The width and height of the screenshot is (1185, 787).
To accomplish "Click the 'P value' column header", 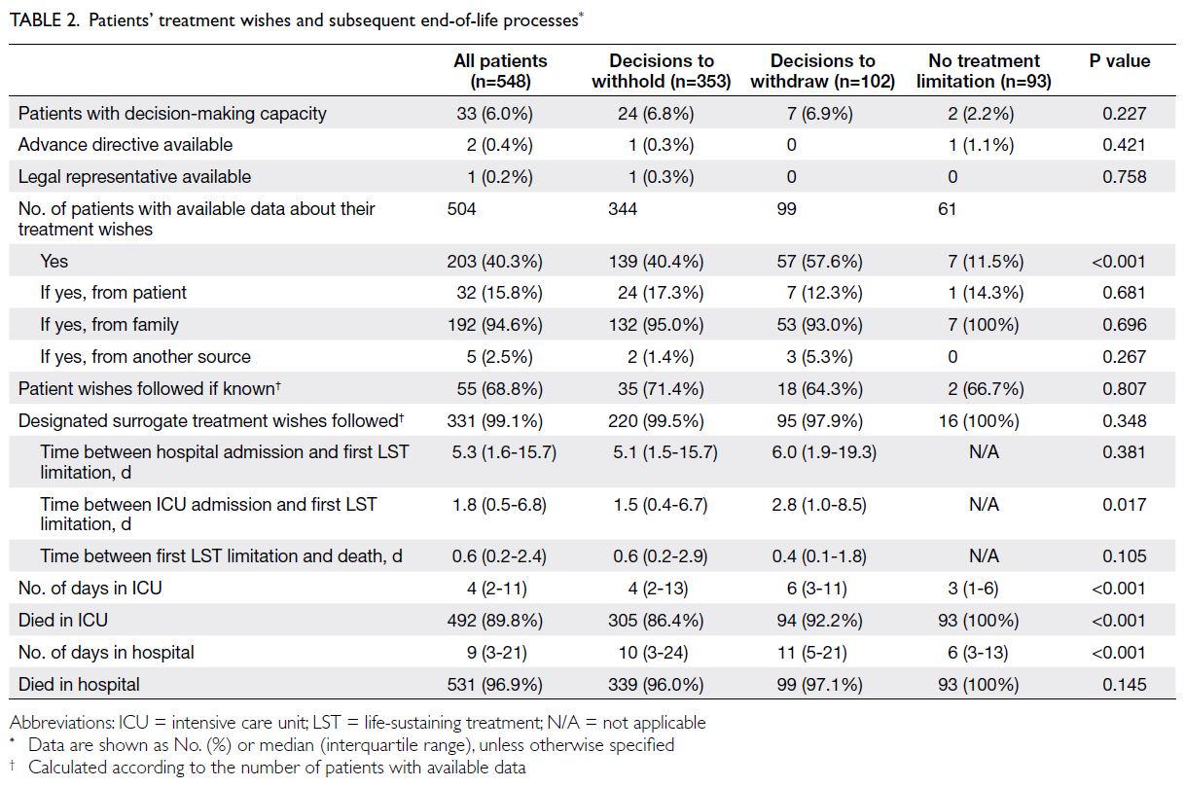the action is pyautogui.click(x=1120, y=61).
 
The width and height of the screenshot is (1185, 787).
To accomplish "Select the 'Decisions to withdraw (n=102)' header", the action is pyautogui.click(x=823, y=71).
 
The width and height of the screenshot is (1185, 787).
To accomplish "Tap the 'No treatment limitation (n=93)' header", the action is pyautogui.click(x=984, y=71).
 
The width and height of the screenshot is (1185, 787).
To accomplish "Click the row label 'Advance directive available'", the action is pyautogui.click(x=126, y=144).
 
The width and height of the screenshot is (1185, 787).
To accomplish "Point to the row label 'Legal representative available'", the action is pyautogui.click(x=134, y=177).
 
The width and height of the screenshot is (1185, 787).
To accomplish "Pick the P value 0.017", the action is pyautogui.click(x=1124, y=505).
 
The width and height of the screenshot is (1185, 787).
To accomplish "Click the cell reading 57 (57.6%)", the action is pyautogui.click(x=819, y=262).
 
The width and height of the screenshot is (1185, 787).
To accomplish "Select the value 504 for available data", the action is pyautogui.click(x=461, y=209).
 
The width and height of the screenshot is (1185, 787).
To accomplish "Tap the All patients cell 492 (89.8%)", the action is pyautogui.click(x=494, y=621).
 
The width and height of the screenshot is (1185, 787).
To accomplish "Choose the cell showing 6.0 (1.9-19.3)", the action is pyautogui.click(x=824, y=452).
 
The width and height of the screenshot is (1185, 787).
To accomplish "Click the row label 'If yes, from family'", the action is pyautogui.click(x=109, y=325).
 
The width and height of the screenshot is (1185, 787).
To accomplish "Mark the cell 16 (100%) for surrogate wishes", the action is pyautogui.click(x=979, y=421).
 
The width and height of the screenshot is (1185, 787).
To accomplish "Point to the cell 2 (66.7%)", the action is pyautogui.click(x=986, y=389).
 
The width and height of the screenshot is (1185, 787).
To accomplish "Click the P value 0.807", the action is pyautogui.click(x=1124, y=389).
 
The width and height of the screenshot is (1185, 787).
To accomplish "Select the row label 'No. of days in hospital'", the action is pyautogui.click(x=106, y=652).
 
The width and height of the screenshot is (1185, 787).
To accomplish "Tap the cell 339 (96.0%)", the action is pyautogui.click(x=656, y=685).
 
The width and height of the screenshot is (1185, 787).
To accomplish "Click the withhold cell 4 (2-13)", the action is pyautogui.click(x=658, y=589).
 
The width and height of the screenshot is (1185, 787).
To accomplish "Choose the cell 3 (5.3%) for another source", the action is pyautogui.click(x=819, y=356).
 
